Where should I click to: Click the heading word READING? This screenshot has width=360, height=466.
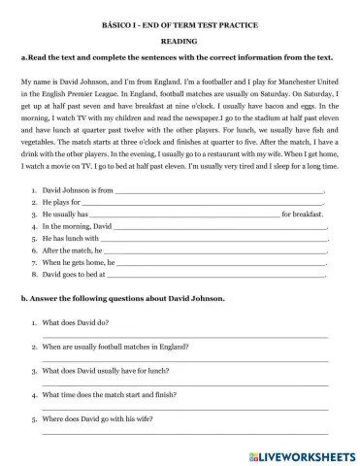pos(180,42)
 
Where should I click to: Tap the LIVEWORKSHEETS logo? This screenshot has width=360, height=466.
pos(296,454)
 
